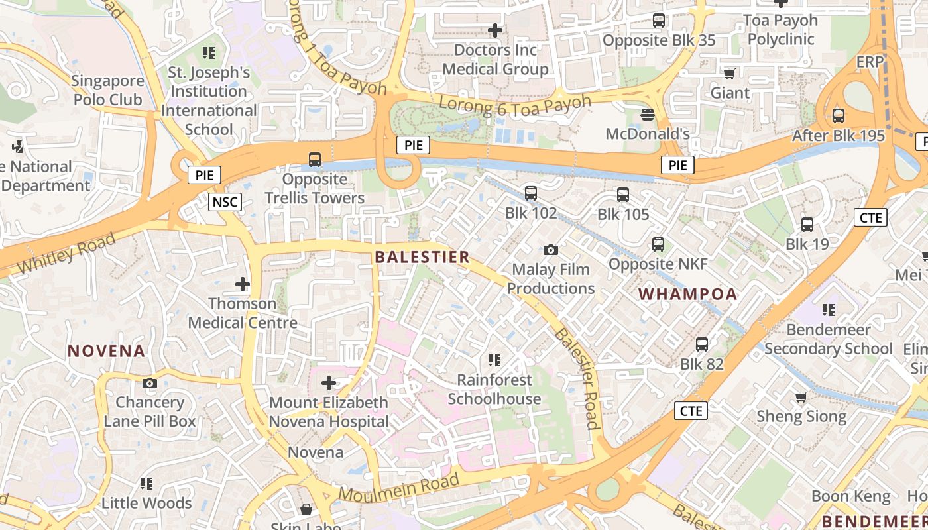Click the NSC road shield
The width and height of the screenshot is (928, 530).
[225, 202]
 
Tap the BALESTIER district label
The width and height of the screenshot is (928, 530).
[422, 257]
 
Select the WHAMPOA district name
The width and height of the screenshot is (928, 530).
[688, 294]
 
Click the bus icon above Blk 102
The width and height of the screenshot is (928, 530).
[530, 193]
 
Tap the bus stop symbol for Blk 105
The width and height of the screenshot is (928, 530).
[622, 195]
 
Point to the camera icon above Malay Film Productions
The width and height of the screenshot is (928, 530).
[550, 250]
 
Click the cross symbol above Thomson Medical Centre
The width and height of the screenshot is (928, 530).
[243, 284]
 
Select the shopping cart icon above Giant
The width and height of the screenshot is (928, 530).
[730, 74]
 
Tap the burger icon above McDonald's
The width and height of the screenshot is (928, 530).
[648, 115]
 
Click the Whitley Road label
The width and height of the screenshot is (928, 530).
[66, 252]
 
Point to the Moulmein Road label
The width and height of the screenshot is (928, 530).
[399, 488]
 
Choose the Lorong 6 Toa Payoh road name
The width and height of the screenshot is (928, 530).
[515, 105]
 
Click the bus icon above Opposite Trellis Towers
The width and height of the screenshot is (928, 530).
[314, 160]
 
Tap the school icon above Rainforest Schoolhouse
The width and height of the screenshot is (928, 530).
[494, 360]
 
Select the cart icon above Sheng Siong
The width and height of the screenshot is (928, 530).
[801, 397]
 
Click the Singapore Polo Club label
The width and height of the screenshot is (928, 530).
[107, 90]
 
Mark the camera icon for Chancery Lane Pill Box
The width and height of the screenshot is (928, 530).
[150, 383]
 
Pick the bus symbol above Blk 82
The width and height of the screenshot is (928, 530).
[702, 344]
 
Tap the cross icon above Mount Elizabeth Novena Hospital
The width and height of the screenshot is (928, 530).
[329, 383]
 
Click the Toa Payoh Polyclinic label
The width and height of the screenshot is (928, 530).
[781, 30]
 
